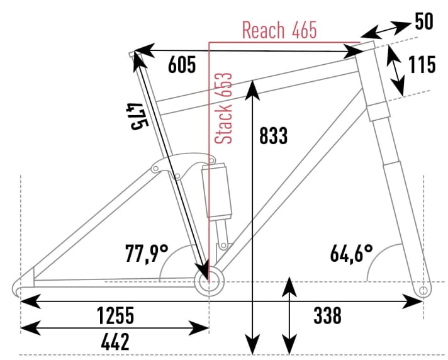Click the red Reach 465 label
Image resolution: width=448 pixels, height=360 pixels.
click(279, 30)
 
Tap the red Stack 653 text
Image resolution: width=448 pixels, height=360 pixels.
click(224, 108)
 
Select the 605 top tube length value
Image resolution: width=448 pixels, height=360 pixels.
click(182, 65)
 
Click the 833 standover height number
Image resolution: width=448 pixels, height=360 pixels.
click(272, 135)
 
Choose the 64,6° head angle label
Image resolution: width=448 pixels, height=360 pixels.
click(351, 254)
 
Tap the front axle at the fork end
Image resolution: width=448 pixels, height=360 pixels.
click(423, 290)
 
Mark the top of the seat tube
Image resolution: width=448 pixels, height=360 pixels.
click(133, 55)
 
